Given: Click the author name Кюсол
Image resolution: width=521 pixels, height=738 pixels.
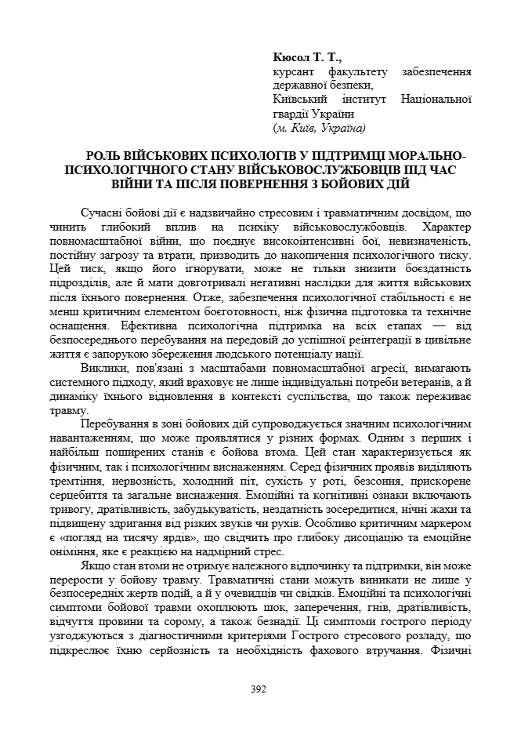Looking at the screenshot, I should pos(290,58).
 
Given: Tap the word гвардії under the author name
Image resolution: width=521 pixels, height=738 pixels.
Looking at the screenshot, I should pos(293,114).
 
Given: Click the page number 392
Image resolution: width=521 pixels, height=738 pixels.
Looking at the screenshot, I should pos(260,689).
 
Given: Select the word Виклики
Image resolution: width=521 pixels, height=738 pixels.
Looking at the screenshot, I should pos(102,367).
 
